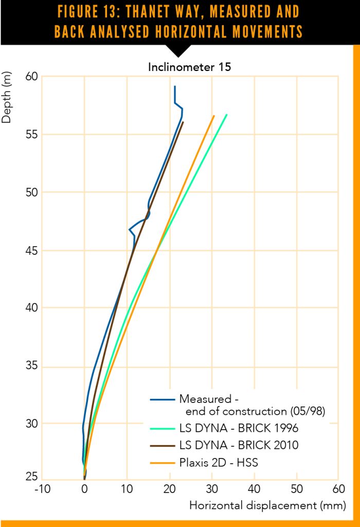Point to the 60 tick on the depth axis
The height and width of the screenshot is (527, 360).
point(32,77)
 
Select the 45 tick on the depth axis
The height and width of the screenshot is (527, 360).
point(32,251)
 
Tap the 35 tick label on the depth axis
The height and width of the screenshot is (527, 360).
point(32,367)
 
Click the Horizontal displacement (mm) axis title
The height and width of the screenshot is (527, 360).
point(267,505)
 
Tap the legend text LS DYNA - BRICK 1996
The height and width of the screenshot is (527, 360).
point(238,428)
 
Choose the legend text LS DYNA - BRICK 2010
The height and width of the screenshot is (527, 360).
point(238,445)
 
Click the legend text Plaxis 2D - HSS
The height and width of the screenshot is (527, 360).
point(219,463)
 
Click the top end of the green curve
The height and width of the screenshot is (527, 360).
point(227,114)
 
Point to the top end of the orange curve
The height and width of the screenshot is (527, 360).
point(214,116)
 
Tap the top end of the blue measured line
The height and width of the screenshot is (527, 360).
point(175,86)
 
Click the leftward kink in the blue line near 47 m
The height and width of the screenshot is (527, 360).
point(129,230)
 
